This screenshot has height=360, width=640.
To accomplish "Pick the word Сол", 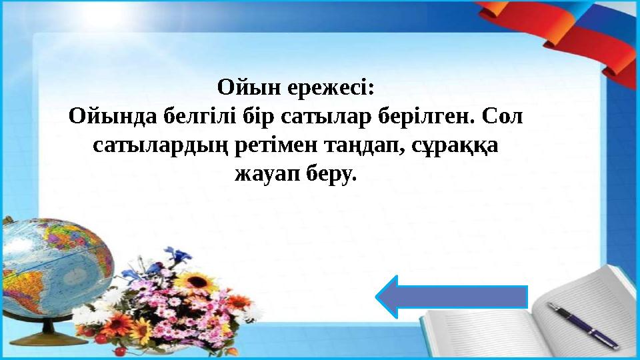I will pyautogui.click(x=503, y=117).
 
